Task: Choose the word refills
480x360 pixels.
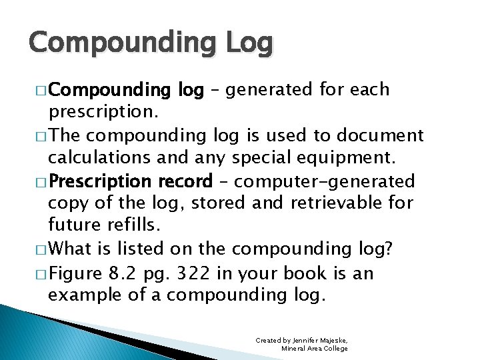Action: click(x=133, y=227)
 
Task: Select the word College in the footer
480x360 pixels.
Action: click(x=335, y=348)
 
